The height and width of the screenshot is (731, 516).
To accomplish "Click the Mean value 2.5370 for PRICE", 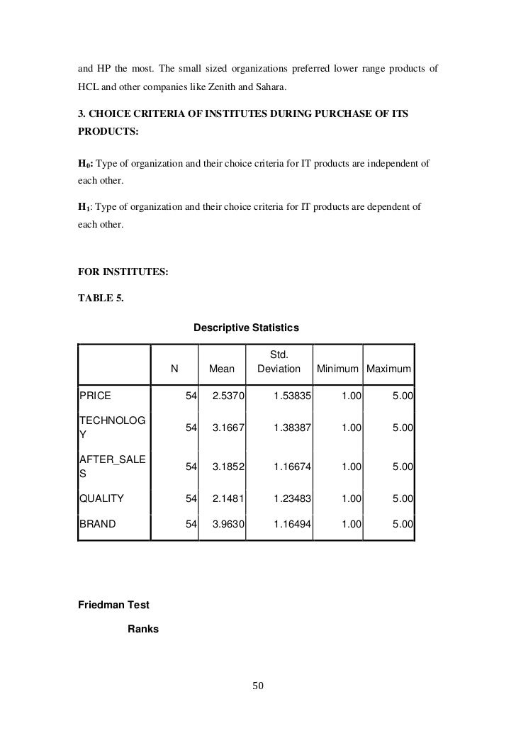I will click(x=228, y=394).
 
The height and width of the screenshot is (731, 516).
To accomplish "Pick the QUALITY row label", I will click(x=101, y=498).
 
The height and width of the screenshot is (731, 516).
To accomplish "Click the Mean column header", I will click(x=221, y=369).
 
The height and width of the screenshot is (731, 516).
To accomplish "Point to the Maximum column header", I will click(x=389, y=369).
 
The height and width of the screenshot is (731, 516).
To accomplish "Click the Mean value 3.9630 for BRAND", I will click(x=228, y=525).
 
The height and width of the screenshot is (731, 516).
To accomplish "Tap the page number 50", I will click(x=258, y=685).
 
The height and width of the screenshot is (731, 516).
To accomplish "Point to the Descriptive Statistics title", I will click(x=246, y=328).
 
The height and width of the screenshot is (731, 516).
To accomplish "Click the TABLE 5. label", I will click(x=101, y=298).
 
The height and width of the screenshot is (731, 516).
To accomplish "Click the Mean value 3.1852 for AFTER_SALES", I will click(x=228, y=466).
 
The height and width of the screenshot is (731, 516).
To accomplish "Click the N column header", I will click(x=174, y=369).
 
